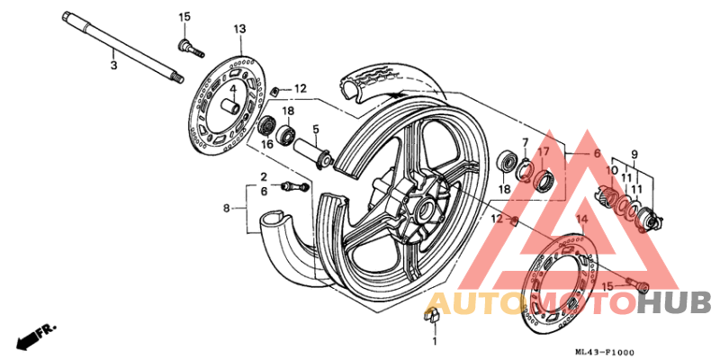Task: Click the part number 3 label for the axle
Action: pos(113,66)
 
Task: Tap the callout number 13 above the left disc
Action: pos(239,30)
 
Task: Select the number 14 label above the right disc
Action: pos(581,219)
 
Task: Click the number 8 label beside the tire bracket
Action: pos(226,209)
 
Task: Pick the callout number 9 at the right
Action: pos(634,154)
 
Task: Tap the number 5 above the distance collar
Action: pos(316,130)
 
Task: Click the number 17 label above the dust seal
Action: pos(544,151)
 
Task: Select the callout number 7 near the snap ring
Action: pos(526,142)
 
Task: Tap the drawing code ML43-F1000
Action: pos(606,352)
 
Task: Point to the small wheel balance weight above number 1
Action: pos(432,317)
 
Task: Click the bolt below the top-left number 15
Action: pos(191,49)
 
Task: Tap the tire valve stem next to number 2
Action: pos(294,186)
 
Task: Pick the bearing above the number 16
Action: pos(266,125)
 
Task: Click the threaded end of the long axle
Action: pos(177,77)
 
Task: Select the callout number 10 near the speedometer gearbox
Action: pos(612,171)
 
